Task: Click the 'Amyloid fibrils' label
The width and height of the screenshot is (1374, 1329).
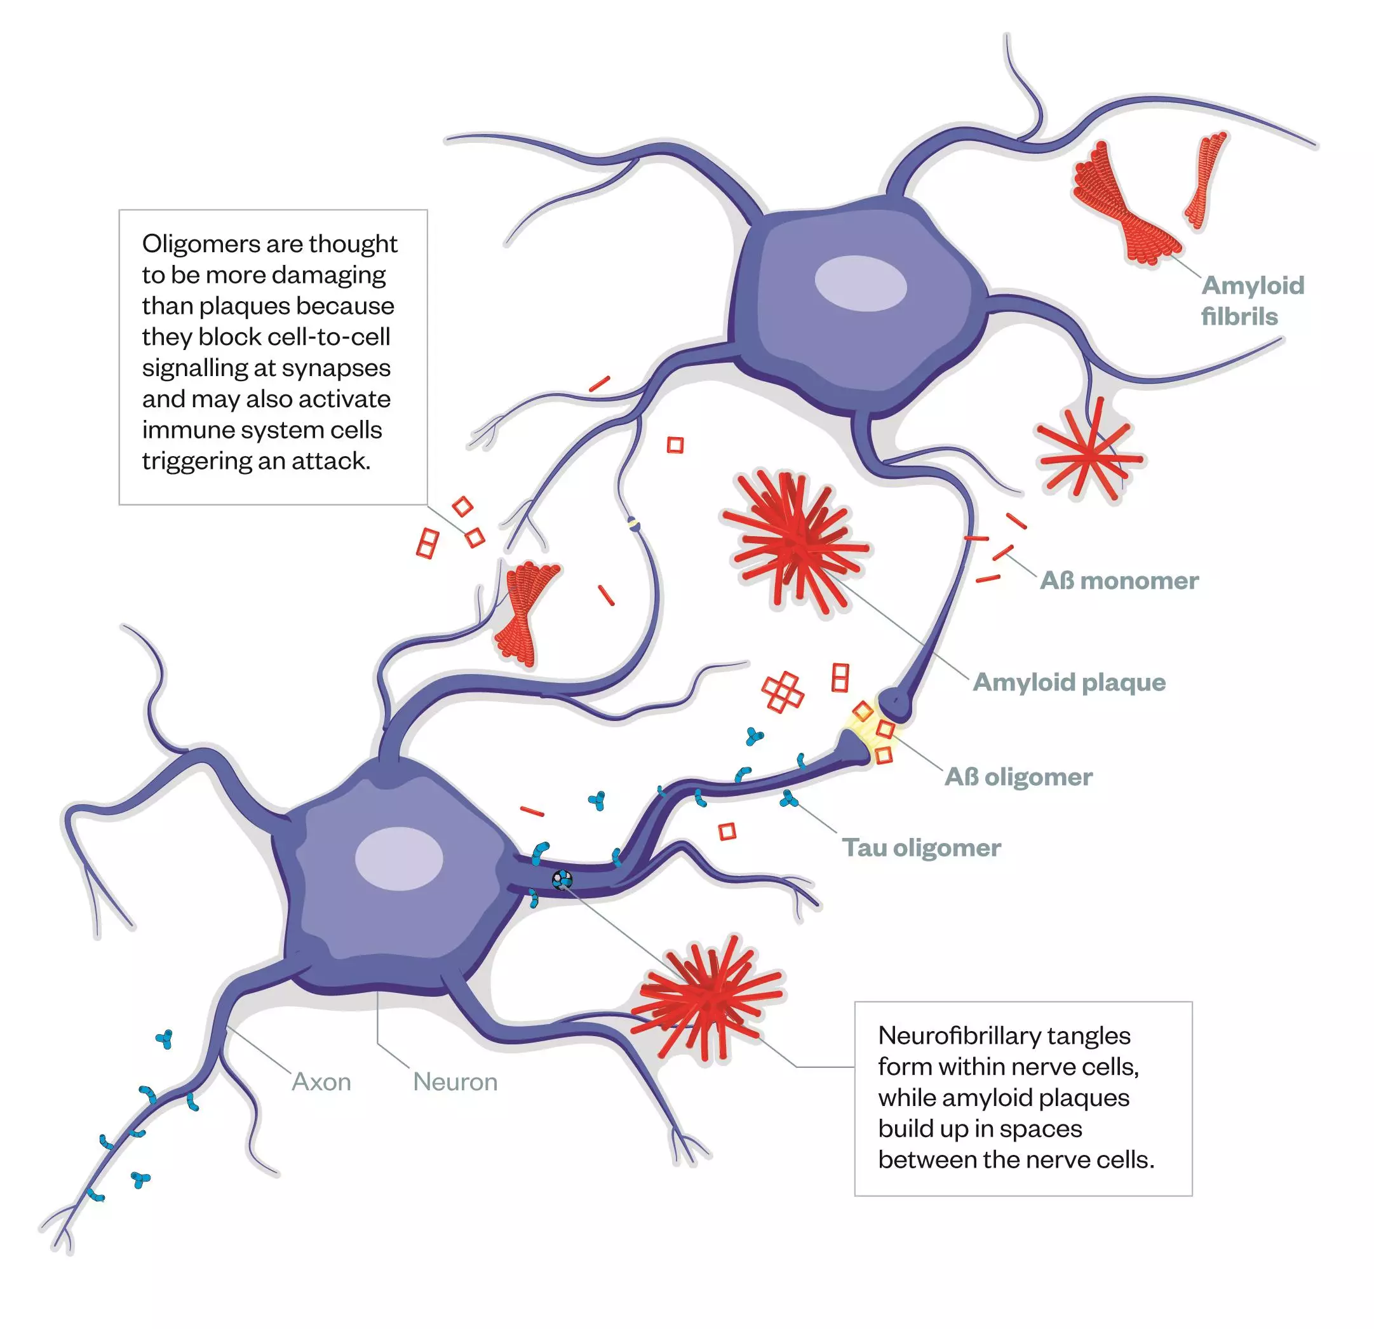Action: [1252, 300]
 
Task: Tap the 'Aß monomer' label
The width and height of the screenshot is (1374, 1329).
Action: [1119, 581]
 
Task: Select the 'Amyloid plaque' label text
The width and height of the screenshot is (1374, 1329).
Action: [1069, 682]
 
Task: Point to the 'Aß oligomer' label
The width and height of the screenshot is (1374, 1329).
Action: [1018, 777]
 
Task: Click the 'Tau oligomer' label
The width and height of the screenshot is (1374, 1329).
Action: [921, 847]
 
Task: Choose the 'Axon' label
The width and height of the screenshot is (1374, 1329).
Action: [321, 1082]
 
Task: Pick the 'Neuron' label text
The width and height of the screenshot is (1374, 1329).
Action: [455, 1082]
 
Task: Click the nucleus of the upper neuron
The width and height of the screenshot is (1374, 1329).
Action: [860, 284]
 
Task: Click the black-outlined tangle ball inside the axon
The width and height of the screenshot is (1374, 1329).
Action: [562, 879]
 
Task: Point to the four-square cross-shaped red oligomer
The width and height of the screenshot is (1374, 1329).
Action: [783, 692]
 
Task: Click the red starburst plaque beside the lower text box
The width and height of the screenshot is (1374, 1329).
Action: [708, 996]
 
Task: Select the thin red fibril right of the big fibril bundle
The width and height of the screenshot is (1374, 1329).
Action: [1206, 180]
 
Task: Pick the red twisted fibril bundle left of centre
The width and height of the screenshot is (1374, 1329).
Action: [526, 611]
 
